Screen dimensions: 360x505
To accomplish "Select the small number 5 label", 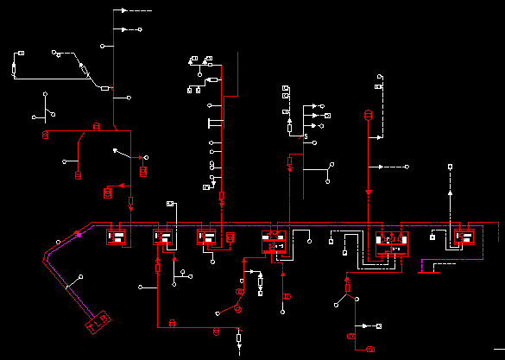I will coord(306,137).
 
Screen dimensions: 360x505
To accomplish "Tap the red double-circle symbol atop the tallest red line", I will coord(367,115).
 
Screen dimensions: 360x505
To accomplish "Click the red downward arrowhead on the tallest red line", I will coord(369,192).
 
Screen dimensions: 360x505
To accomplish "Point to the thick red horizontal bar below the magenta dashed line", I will coord(427,272).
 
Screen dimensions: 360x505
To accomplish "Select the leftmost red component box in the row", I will coord(117,236).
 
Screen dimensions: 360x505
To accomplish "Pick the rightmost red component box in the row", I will coord(464,236).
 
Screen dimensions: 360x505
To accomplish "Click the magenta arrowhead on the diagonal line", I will coord(79,233).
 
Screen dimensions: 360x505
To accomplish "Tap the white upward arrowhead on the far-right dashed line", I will coord(449,195).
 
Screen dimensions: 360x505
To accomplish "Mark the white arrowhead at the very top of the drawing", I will coord(123,10).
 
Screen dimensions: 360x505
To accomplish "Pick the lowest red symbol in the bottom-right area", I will coord(369,349).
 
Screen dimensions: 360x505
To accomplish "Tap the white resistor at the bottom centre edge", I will coord(239,338).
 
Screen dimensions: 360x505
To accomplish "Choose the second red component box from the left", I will coord(164,236).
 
